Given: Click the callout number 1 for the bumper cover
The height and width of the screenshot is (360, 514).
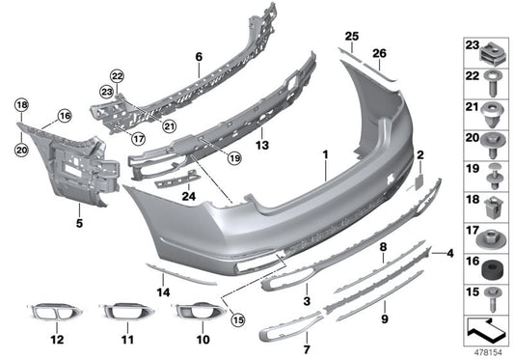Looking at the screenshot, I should [x=326, y=154].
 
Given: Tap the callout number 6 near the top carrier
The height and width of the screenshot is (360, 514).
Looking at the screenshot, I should [x=199, y=57].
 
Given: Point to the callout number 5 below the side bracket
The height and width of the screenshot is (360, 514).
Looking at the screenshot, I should [x=80, y=221].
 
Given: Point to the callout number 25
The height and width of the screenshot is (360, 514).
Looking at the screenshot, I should [x=352, y=36].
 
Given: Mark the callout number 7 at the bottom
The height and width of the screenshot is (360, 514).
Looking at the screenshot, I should [x=308, y=337].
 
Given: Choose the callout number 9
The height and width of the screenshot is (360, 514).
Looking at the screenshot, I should [x=383, y=318].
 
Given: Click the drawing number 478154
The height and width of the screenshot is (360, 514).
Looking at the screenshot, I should [x=485, y=350].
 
